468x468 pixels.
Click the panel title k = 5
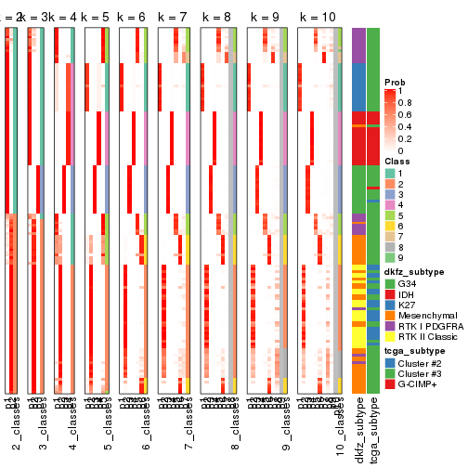pos(97,18)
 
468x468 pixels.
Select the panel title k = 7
pos(174,18)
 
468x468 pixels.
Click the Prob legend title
pos(396,82)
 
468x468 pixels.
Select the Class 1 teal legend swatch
pos(391,174)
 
